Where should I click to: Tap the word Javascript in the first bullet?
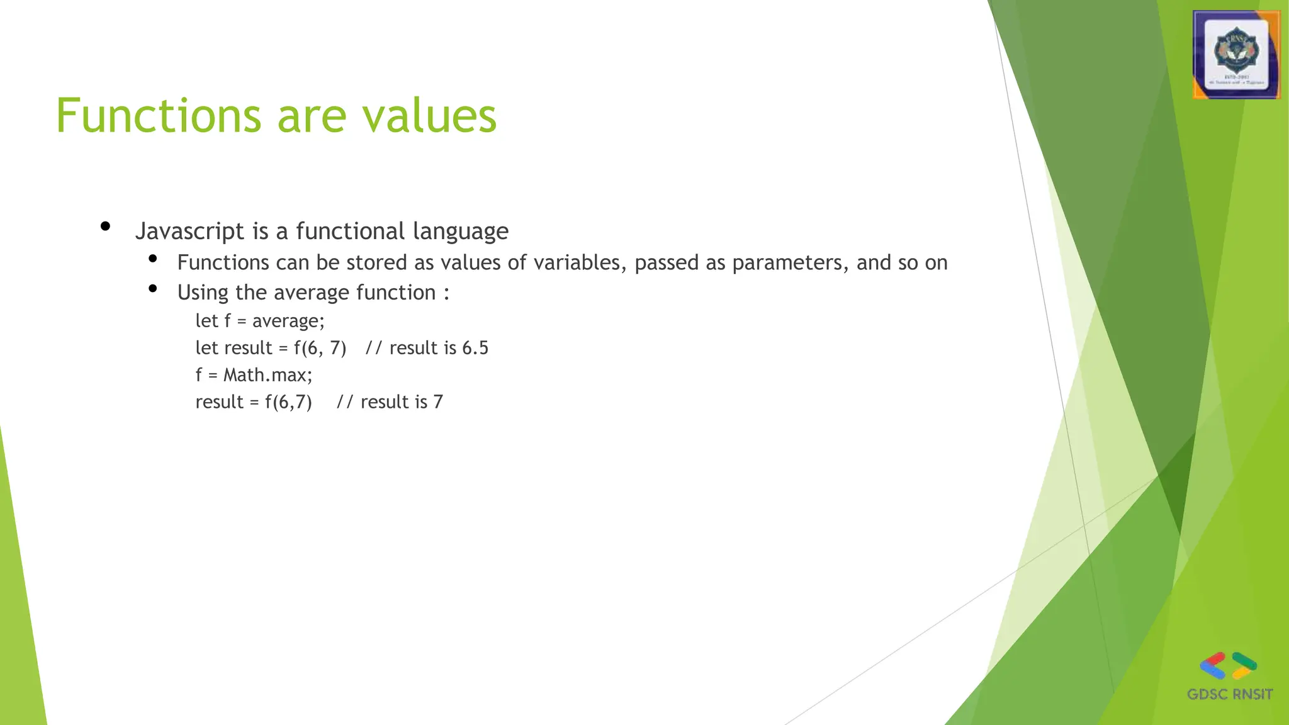pos(189,232)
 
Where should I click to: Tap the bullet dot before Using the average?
pos(152,288)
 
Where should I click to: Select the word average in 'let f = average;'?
pos(288,322)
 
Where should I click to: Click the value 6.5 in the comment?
pos(475,348)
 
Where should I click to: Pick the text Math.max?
pos(267,375)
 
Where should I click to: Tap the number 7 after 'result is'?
pos(438,402)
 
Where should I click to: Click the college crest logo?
pos(1236,55)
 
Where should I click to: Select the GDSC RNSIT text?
pos(1229,694)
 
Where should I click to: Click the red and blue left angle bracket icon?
pos(1213,666)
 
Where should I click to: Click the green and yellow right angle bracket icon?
pos(1244,666)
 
